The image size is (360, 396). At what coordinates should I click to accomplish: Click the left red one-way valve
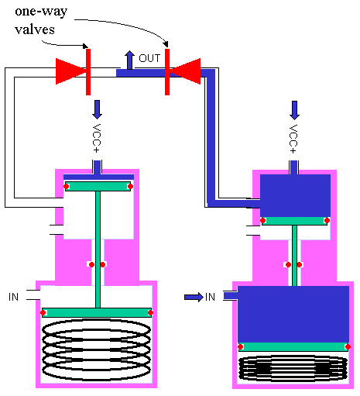coord(74,72)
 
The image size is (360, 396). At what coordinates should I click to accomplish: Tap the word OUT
coord(149,58)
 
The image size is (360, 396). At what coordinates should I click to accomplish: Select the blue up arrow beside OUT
coord(129,59)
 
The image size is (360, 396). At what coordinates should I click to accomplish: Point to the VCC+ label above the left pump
coord(98,138)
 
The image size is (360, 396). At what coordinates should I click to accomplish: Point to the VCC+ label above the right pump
coord(293,138)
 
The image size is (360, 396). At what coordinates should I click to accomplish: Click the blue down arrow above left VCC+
coord(98,108)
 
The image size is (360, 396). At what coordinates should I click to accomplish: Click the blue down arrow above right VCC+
coord(293,108)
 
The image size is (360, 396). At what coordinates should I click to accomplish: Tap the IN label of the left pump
coord(13,296)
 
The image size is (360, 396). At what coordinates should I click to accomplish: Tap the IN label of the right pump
coord(210,296)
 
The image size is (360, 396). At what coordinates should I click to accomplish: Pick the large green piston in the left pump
coord(97,312)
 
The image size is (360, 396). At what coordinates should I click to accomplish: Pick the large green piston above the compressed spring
coord(293,346)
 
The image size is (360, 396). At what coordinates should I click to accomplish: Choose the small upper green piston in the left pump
coord(98,186)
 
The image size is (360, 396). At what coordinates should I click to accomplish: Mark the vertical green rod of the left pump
coord(98,248)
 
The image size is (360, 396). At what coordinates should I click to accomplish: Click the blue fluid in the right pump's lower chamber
coord(293,313)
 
